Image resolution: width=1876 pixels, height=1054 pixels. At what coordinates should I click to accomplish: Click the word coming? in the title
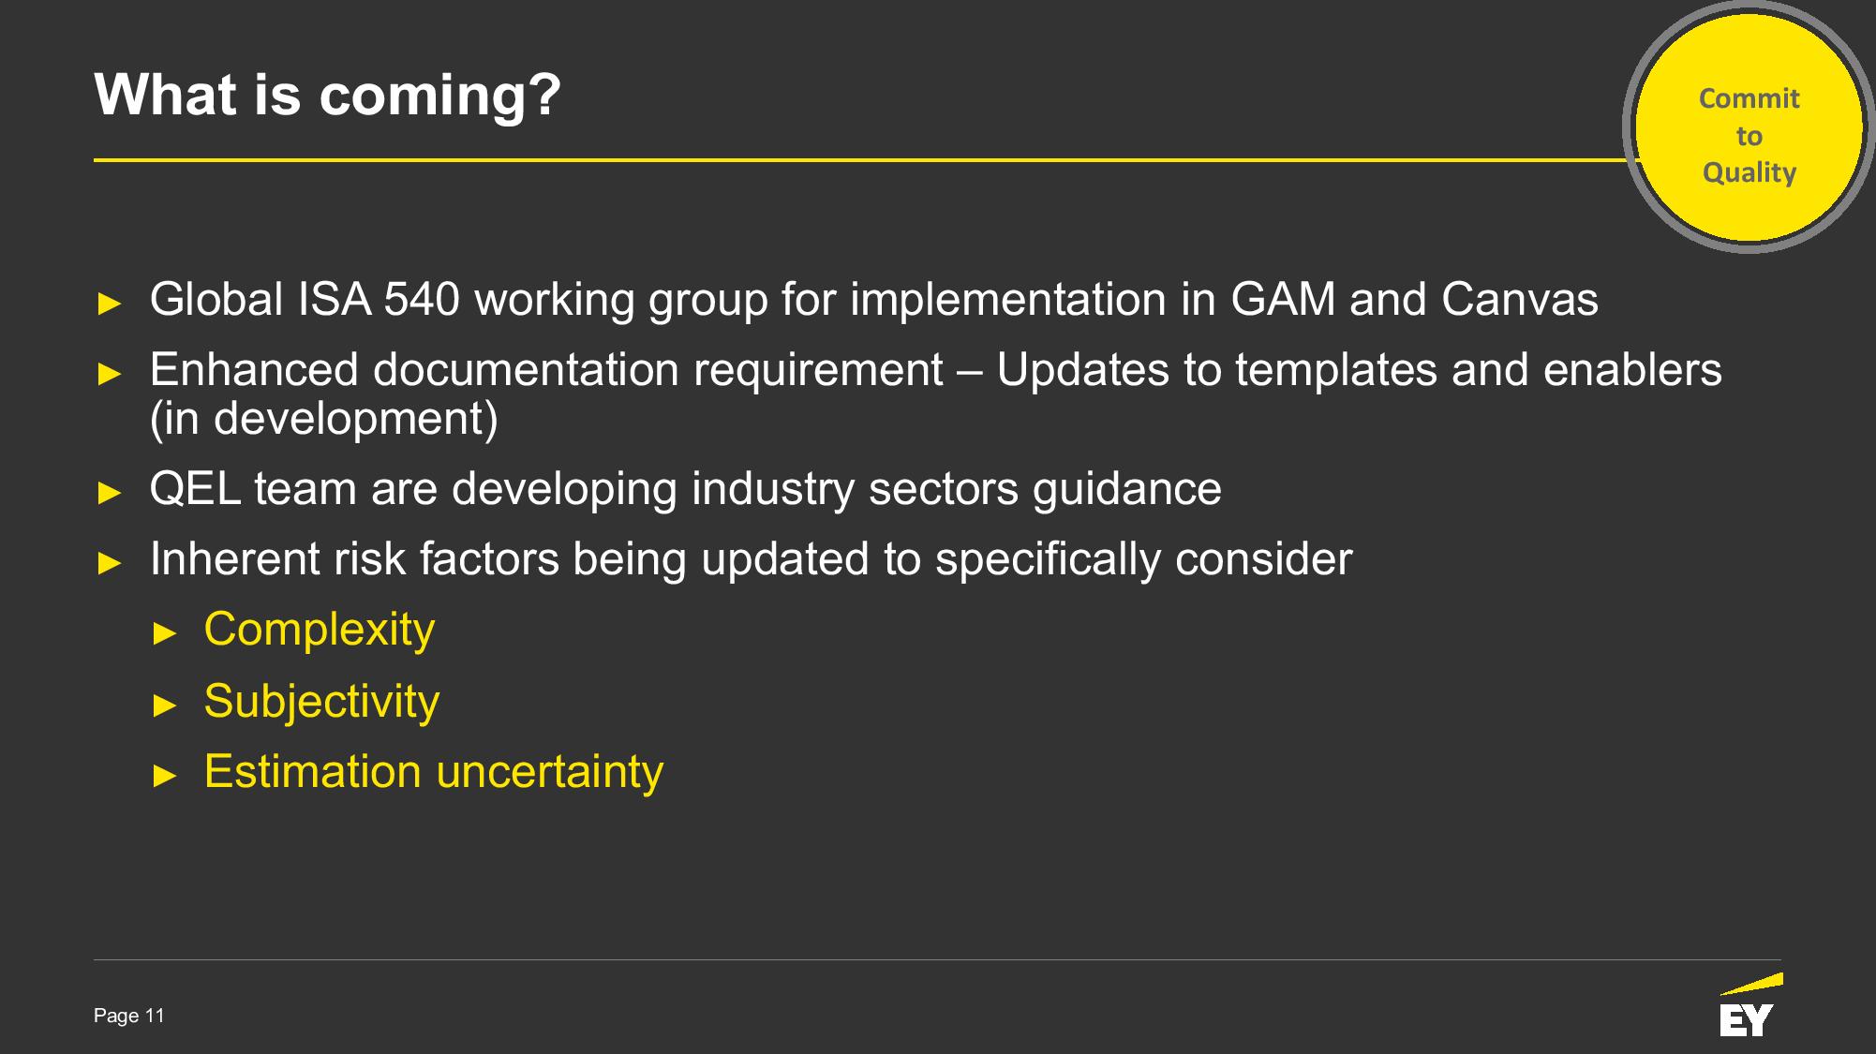[439, 96]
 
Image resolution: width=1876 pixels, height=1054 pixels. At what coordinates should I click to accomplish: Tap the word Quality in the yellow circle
[1749, 173]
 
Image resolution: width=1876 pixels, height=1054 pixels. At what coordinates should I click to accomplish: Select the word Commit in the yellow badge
[1749, 98]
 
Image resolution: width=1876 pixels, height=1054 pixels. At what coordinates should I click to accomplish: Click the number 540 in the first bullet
[422, 300]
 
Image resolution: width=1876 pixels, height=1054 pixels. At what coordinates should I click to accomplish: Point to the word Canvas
[1520, 300]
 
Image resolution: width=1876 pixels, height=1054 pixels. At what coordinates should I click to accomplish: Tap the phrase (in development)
[324, 419]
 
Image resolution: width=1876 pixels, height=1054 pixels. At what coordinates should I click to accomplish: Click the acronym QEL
[195, 489]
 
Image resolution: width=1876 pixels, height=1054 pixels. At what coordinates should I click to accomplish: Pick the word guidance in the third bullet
[1127, 490]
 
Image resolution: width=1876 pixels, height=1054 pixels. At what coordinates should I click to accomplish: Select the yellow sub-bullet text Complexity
[320, 631]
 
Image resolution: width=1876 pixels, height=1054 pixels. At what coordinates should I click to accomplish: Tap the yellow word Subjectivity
[321, 702]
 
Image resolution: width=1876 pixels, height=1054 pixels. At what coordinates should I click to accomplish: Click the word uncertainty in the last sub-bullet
[550, 773]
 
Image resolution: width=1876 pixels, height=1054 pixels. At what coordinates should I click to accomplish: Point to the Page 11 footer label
[129, 1016]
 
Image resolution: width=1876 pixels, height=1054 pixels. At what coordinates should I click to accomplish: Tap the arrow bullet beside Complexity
[165, 634]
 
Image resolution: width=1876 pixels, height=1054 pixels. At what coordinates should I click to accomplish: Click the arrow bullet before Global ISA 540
[110, 304]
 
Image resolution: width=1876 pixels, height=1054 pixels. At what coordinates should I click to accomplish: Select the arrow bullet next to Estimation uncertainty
[165, 777]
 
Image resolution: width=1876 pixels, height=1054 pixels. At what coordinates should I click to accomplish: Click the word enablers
[1632, 371]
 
